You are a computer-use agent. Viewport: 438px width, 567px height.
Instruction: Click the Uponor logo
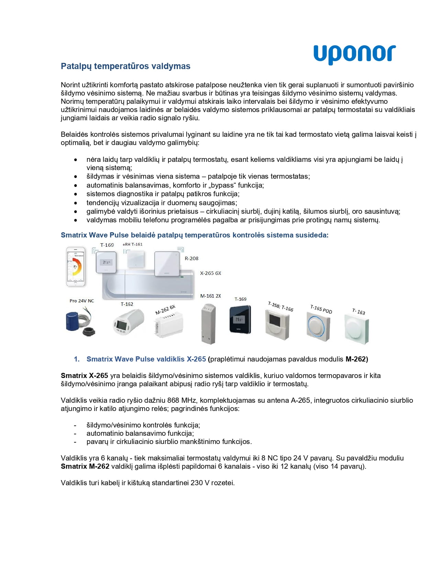point(355,54)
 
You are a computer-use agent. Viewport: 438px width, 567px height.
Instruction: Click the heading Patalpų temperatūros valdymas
point(125,66)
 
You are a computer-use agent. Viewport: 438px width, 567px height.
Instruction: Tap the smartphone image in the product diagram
point(75,266)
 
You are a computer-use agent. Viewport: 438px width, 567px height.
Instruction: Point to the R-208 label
point(191,258)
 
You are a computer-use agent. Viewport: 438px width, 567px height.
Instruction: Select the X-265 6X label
point(211,273)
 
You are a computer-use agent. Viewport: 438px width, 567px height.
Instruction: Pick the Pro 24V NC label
point(82,301)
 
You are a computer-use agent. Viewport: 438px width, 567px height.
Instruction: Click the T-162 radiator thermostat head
point(128,322)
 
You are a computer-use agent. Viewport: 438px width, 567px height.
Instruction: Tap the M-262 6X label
point(165,309)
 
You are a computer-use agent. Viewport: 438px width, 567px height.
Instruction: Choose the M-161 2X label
point(211,296)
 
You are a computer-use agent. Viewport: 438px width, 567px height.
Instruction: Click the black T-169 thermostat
point(240,319)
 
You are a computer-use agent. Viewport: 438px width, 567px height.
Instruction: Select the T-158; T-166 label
point(281,306)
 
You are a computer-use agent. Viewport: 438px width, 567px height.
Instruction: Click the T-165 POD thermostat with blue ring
point(318,324)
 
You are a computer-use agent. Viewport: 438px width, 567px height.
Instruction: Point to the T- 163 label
point(359,311)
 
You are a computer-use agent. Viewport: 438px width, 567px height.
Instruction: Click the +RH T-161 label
point(132,244)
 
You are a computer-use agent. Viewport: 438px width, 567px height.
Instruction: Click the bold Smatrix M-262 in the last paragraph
point(85,466)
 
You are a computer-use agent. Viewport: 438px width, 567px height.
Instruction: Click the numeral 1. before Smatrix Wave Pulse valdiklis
point(77,359)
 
